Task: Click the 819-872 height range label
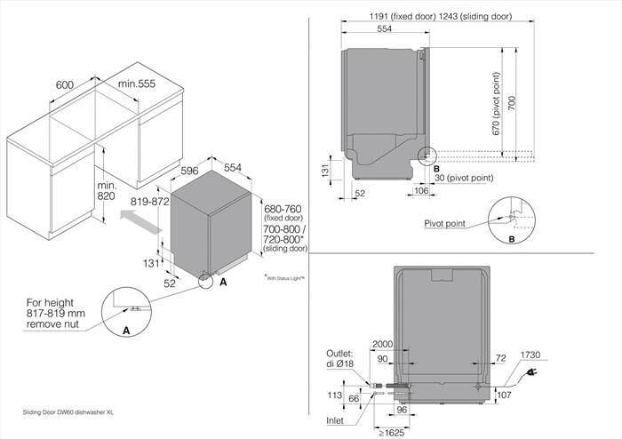click(148, 202)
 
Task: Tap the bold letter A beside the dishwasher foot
click(223, 281)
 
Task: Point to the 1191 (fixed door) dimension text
click(386, 16)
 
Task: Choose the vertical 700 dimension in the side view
click(510, 104)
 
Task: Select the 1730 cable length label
click(556, 355)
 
